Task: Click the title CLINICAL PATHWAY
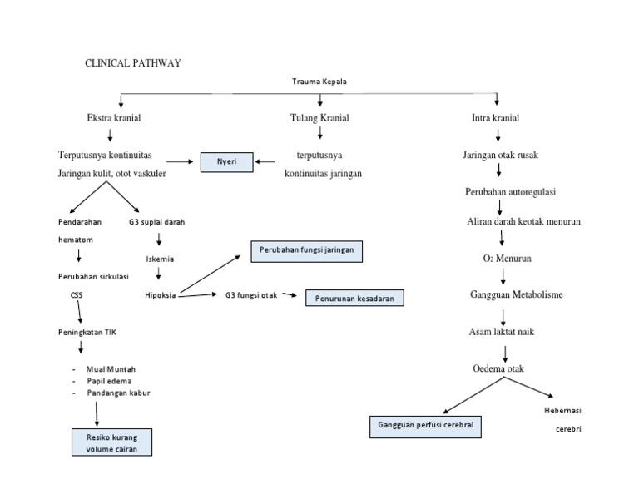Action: coord(134,62)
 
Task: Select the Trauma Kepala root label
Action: coord(319,82)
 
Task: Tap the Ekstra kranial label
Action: coord(114,118)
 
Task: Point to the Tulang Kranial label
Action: coord(319,118)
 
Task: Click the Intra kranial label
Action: coord(496,118)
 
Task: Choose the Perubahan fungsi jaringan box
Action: coord(307,250)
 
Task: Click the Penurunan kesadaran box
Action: coord(354,298)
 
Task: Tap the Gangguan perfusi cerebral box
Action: coord(426,427)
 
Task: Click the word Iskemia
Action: coord(160,259)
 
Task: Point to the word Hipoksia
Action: coord(160,294)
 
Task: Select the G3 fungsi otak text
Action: coord(251,294)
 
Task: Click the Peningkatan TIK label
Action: coord(87,332)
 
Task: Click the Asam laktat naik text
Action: coord(501,332)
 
